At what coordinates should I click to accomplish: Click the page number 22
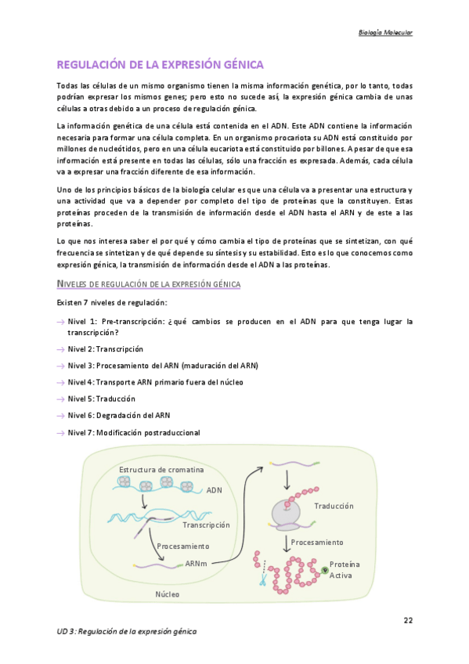pyautogui.click(x=408, y=620)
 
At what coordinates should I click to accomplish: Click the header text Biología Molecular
pyautogui.click(x=384, y=32)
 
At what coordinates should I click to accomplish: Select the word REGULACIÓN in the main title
pyautogui.click(x=93, y=64)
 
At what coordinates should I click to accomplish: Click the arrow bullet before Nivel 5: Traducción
pyautogui.click(x=60, y=399)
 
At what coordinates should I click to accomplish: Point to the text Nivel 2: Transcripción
pyautogui.click(x=105, y=348)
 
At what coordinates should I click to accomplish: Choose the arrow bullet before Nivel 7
pyautogui.click(x=60, y=433)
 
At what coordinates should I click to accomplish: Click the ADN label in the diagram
pyautogui.click(x=215, y=490)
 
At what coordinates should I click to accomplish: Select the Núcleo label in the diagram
pyautogui.click(x=167, y=594)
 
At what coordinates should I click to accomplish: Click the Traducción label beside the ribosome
pyautogui.click(x=334, y=507)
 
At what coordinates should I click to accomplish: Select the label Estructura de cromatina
pyautogui.click(x=161, y=469)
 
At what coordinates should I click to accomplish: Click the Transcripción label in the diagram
pyautogui.click(x=206, y=525)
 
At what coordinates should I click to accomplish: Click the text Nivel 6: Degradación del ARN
pyautogui.click(x=118, y=416)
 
